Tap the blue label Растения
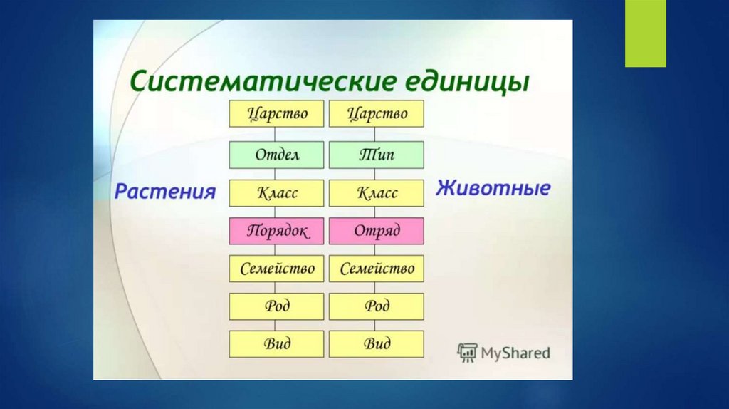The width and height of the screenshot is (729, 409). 165,191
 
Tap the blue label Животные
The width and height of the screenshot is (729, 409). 493,188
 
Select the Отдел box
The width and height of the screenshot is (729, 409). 277,155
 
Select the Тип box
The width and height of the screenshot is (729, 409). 377,155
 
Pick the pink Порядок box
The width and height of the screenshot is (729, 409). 277,231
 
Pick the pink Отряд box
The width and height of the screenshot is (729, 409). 377,231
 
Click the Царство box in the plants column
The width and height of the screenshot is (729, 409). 277,113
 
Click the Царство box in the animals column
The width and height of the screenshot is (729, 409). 377,113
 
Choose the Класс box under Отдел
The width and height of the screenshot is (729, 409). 277,193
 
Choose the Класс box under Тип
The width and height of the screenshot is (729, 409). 377,193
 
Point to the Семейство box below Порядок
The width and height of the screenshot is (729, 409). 277,269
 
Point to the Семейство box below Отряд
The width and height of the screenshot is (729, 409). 377,269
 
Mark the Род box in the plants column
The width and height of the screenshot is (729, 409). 277,306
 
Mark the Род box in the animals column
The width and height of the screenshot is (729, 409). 377,306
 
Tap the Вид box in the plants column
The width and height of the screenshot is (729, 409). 277,344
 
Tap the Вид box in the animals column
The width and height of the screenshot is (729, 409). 377,344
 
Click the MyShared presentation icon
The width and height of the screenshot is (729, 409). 467,353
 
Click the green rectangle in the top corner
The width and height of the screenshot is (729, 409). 645,33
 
